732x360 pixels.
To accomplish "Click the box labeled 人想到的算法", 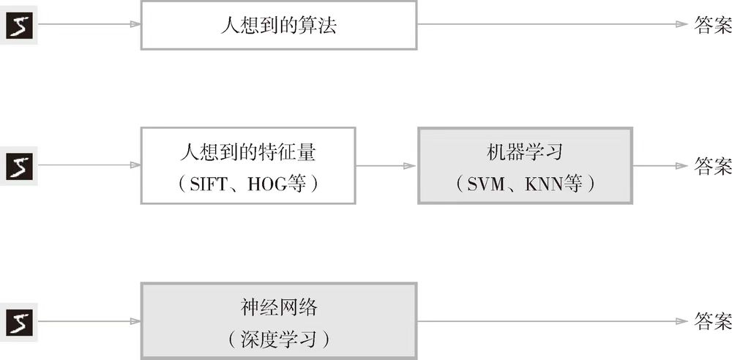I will [278, 25].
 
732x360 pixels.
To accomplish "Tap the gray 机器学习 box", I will [524, 165].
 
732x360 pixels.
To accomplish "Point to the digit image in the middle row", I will [17, 167].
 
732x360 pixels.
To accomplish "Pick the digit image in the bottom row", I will [17, 322].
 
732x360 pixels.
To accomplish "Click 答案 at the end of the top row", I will [712, 26].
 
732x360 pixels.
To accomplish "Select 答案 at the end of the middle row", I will [712, 166].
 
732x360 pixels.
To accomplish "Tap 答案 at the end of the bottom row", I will [712, 322].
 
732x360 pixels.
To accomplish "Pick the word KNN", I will [546, 184].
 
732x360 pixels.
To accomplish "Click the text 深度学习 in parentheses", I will [278, 339].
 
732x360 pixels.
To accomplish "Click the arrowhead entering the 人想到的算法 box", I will [135, 25].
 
